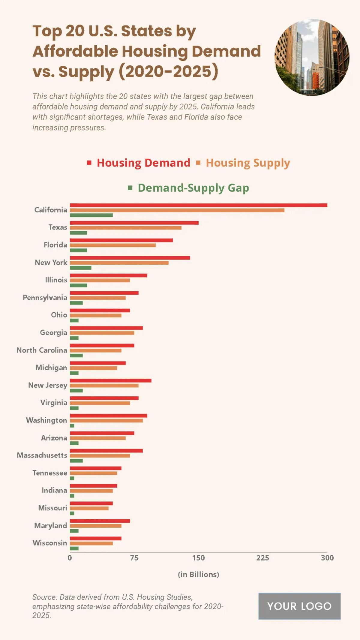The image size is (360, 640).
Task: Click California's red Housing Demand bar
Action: pyautogui.click(x=198, y=205)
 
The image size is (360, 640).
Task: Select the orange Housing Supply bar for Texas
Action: pyautogui.click(x=125, y=228)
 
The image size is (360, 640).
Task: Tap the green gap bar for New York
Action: pyautogui.click(x=80, y=268)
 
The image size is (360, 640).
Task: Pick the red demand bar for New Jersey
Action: pyautogui.click(x=110, y=380)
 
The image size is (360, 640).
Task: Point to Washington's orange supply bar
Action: pyautogui.click(x=106, y=421)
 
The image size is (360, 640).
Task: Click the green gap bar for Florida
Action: pyautogui.click(x=78, y=250)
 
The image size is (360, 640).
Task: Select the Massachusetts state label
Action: pyautogui.click(x=42, y=455)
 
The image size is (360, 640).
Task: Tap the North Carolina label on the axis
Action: pyautogui.click(x=42, y=350)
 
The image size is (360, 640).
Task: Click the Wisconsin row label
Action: pyautogui.click(x=50, y=543)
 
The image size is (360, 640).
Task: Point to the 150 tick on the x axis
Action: pyautogui.click(x=198, y=558)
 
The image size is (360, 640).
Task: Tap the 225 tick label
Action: pyautogui.click(x=262, y=558)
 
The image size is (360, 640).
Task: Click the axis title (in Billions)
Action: pyautogui.click(x=198, y=574)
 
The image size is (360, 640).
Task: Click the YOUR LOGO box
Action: pyautogui.click(x=299, y=606)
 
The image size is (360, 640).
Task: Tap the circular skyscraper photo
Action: pyautogui.click(x=312, y=57)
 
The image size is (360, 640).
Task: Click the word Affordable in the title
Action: pyautogui.click(x=75, y=51)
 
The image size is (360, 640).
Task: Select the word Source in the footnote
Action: pyautogui.click(x=44, y=597)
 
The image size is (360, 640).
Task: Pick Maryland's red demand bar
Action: pyautogui.click(x=100, y=521)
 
